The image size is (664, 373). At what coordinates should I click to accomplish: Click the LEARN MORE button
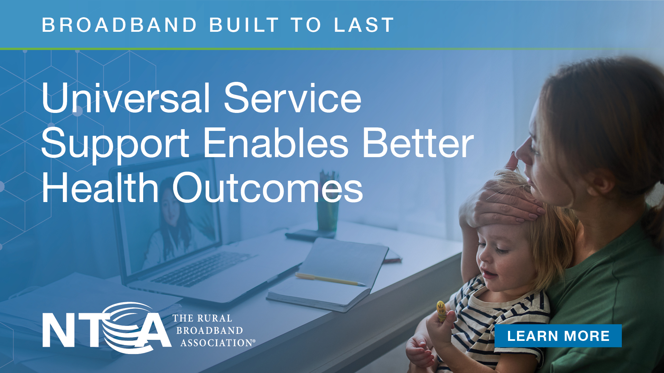(x=558, y=336)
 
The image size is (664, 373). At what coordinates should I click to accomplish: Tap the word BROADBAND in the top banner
(x=120, y=25)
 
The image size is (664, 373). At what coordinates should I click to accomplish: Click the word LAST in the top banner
(x=364, y=25)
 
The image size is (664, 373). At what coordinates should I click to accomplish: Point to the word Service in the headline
(x=293, y=98)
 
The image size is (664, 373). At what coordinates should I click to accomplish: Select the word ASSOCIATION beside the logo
(x=218, y=343)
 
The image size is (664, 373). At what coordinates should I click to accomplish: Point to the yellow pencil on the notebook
(x=330, y=279)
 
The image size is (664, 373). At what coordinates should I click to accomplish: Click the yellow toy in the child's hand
(x=441, y=311)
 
